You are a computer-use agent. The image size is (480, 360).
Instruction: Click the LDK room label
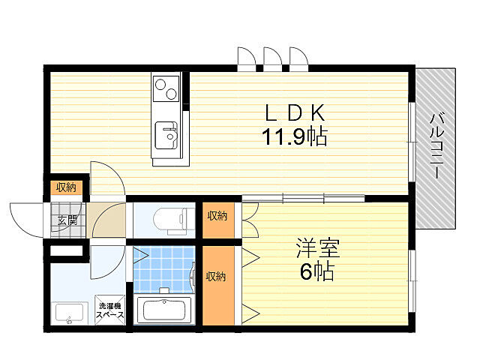pos(295,113)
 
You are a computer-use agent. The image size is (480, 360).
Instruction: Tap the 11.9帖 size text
pos(295,136)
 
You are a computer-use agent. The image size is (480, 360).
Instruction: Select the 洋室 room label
pos(318,248)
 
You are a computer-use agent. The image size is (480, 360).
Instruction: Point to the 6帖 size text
pos(316,271)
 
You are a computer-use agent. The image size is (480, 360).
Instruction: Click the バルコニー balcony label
pos(436,145)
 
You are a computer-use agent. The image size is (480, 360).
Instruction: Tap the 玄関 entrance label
pos(67,220)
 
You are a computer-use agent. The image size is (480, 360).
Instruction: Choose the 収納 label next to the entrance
pos(66,187)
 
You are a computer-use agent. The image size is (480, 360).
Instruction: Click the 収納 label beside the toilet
pos(217,216)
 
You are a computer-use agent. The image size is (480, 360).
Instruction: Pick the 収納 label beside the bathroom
pos(216,277)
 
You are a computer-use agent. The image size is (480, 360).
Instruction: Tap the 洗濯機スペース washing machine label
pos(110,310)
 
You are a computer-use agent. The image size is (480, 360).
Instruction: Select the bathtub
pos(164,310)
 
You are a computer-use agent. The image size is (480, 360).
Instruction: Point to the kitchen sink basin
pos(166,135)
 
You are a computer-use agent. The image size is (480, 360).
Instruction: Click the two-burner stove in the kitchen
pos(166,88)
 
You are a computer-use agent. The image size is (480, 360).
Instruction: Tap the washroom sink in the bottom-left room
pos(69,313)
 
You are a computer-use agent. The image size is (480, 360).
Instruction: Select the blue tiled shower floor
pos(164,269)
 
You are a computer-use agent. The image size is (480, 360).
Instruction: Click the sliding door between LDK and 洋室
pos(303,198)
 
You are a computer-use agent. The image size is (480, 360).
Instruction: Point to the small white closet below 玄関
pos(67,250)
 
